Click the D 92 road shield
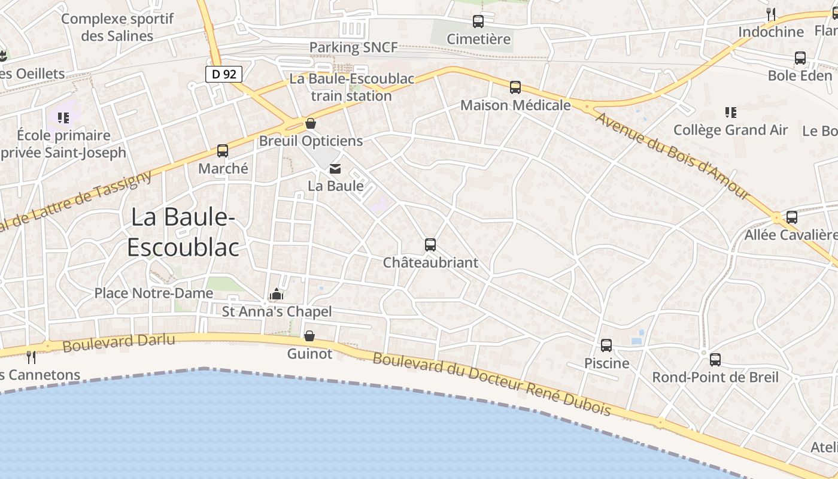[224, 74]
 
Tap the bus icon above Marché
[223, 151]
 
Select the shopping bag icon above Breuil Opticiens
[311, 124]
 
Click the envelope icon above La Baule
[335, 169]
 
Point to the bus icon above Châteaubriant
[430, 244]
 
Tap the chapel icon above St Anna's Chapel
[277, 294]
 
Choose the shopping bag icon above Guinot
[309, 336]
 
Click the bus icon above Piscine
[606, 345]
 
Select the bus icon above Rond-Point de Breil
[715, 360]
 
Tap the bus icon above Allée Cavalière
[792, 217]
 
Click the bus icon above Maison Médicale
[515, 87]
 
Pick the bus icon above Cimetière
[478, 22]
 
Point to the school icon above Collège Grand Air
[730, 112]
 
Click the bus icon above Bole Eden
[800, 58]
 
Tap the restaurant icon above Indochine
[771, 14]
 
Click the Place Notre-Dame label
[154, 293]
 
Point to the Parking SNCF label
[353, 47]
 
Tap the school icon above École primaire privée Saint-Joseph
[63, 117]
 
